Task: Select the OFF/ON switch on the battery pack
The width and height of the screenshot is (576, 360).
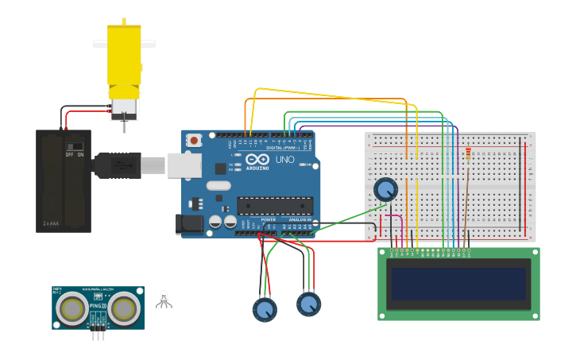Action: point(75,147)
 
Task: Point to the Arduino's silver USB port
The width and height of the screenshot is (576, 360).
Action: point(184,165)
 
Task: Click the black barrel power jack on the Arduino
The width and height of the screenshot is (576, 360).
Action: point(190,223)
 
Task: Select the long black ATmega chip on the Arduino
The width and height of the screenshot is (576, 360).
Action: point(274,206)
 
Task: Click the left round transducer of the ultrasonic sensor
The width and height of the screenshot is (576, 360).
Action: point(74,308)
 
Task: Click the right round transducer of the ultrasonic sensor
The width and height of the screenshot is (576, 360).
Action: point(123,308)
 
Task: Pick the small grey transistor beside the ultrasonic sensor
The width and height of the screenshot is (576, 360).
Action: point(164,299)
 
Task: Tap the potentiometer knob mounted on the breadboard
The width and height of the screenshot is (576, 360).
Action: point(385,189)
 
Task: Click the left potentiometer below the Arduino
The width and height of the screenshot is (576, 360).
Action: point(265,308)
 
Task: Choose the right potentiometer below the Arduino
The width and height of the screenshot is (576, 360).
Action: point(308,303)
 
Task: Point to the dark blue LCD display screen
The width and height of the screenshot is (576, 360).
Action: point(458,284)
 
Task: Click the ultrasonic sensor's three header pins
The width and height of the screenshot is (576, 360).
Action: point(98,334)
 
